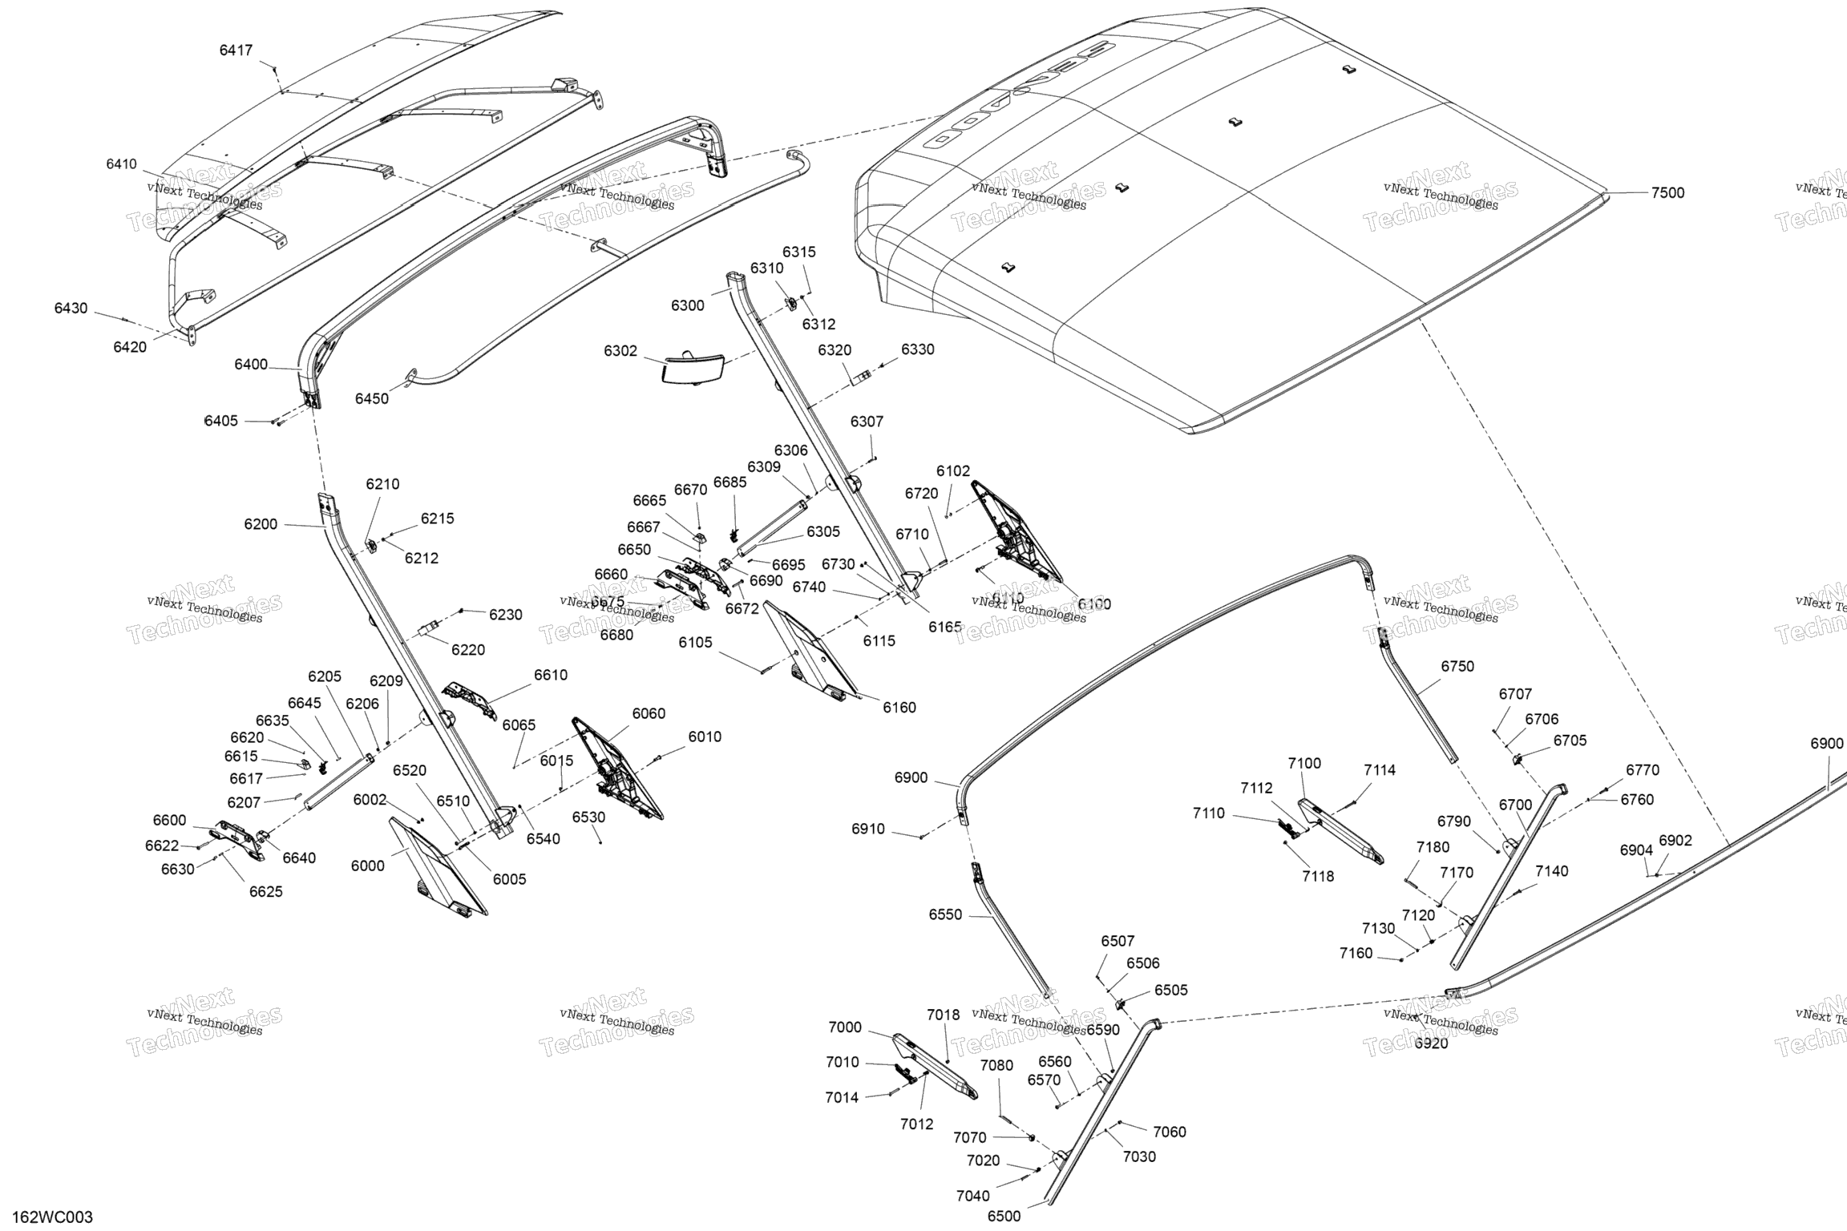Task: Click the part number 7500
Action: [1667, 193]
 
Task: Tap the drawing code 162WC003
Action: [53, 1217]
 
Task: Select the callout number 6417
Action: [236, 50]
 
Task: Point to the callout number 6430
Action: [71, 309]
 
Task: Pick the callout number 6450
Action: [372, 398]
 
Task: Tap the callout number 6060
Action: [649, 713]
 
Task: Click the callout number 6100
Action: [1094, 603]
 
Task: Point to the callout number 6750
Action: [1457, 666]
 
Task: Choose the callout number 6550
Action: [945, 914]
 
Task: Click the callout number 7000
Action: [845, 1027]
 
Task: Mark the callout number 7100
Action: [1304, 763]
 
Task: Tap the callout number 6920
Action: [1431, 1043]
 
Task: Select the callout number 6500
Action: [1004, 1216]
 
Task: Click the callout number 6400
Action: [251, 365]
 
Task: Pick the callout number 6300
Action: [688, 305]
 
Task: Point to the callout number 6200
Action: [261, 524]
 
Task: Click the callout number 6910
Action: [868, 829]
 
